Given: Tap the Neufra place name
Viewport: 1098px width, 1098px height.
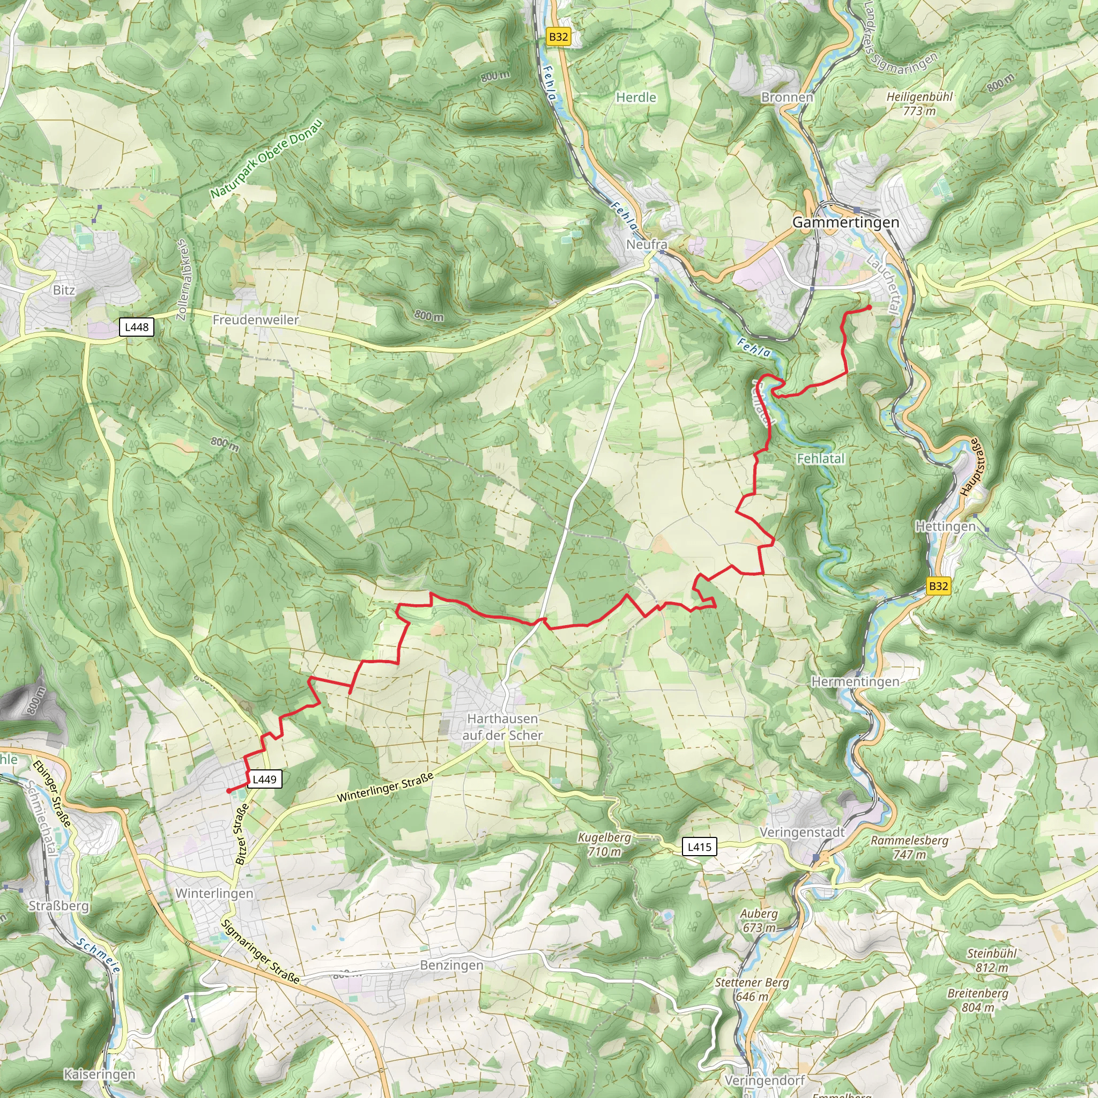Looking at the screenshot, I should click(647, 244).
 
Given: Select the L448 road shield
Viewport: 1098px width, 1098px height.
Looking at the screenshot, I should click(136, 327).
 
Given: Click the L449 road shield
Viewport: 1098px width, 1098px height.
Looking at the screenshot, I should click(264, 779).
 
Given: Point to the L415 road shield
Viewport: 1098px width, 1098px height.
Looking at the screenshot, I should click(699, 847).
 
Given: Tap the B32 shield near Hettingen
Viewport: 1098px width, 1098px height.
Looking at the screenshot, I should click(938, 586).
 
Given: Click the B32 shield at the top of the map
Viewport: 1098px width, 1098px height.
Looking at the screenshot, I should click(558, 37).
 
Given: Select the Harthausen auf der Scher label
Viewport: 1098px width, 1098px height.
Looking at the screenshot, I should click(502, 727).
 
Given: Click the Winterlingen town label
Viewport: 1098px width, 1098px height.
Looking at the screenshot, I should click(214, 893).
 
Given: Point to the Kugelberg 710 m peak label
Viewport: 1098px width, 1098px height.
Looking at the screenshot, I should click(604, 844).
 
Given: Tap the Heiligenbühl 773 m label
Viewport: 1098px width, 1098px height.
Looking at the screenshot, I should click(919, 103).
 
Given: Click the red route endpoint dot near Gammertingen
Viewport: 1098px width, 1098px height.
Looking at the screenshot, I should click(869, 307).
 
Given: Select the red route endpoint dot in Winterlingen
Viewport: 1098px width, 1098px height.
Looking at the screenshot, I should click(228, 791).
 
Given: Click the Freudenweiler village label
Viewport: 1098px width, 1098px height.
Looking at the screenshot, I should click(256, 320).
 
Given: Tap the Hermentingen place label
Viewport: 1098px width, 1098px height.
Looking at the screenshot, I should click(855, 681).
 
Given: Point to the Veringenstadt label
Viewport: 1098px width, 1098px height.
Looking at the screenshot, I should click(803, 832).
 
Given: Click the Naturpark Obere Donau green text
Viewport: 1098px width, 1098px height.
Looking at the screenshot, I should click(266, 159).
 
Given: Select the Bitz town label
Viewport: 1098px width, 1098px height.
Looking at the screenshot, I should click(64, 290).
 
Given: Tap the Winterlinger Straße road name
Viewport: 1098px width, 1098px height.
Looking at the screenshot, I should click(385, 787).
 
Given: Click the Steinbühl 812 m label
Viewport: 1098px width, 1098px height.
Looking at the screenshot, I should click(992, 960).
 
